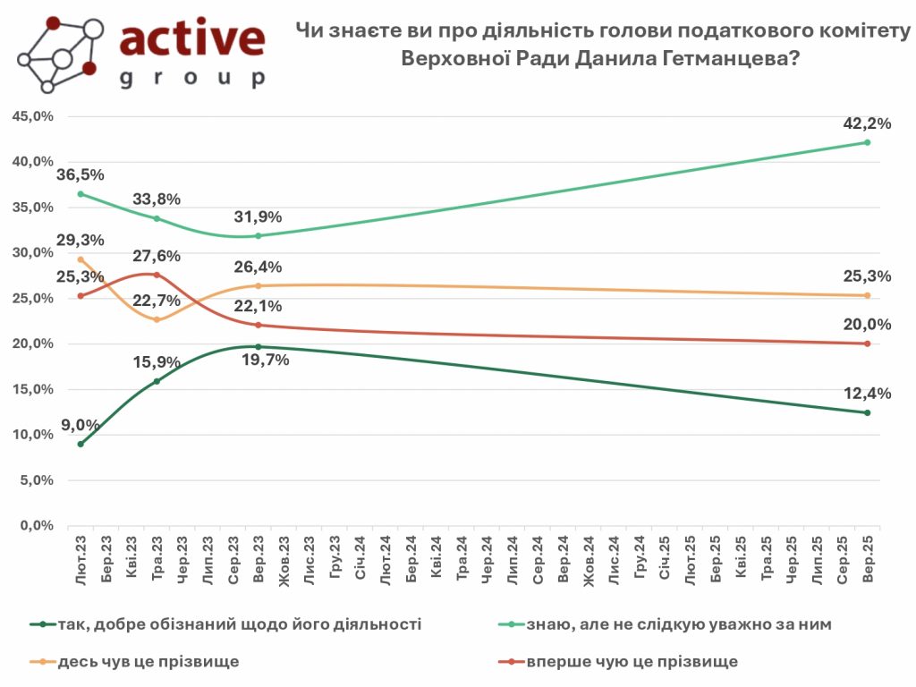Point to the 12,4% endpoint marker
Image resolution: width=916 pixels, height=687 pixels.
[x=867, y=412]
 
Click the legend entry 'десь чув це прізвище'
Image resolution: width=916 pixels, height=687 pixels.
[x=148, y=662]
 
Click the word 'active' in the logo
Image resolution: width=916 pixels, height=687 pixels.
[x=192, y=39]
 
